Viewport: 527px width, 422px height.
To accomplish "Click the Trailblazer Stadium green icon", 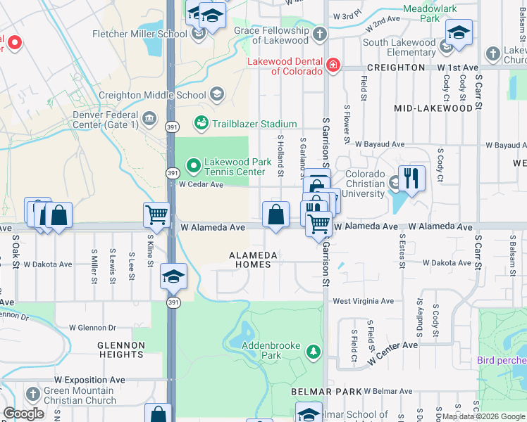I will [x=201, y=124].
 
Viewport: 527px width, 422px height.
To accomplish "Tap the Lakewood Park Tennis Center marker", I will [x=193, y=167].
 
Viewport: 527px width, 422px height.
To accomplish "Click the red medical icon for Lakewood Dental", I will [x=333, y=66].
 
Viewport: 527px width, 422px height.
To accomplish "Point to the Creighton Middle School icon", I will [x=217, y=95].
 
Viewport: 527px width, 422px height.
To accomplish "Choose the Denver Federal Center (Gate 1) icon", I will [x=149, y=117].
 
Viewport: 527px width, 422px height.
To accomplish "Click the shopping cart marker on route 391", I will [x=156, y=215].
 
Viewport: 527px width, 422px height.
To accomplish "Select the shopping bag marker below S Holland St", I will [x=276, y=215].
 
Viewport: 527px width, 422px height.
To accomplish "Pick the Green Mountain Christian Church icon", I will [x=33, y=395].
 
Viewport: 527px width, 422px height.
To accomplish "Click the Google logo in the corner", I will [x=23, y=414].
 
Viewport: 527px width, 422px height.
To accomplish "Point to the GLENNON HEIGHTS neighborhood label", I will [x=121, y=350].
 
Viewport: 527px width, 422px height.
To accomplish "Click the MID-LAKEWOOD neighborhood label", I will [x=433, y=108].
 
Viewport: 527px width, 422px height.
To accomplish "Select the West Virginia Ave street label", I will [x=363, y=301].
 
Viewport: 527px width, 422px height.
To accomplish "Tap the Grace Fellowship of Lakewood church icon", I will [x=319, y=34].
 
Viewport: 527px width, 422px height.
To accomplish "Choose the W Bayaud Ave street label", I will [x=380, y=144].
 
